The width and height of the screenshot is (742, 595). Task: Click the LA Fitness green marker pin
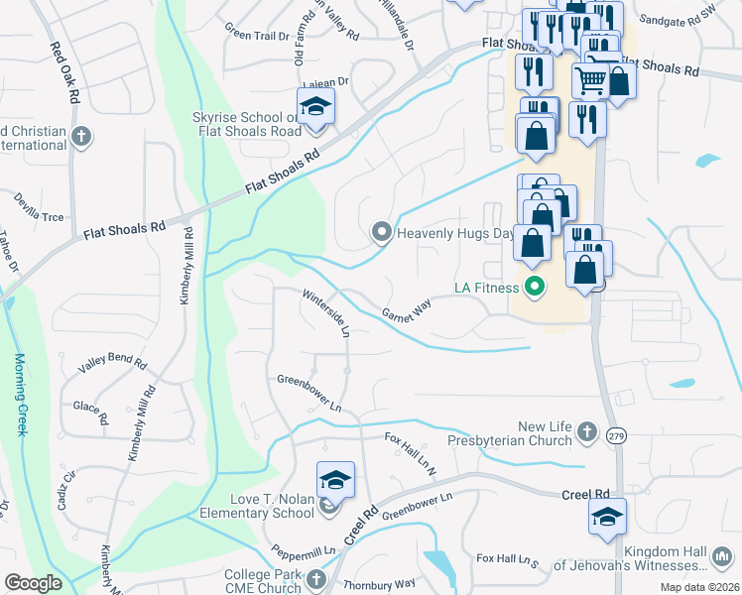pyautogui.click(x=535, y=289)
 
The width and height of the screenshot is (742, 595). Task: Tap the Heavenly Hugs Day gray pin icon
pyautogui.click(x=381, y=233)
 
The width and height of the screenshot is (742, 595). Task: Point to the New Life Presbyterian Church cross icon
pyautogui.click(x=587, y=431)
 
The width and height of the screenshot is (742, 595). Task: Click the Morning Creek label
pyautogui.click(x=19, y=395)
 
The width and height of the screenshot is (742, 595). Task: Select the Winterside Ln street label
pyautogui.click(x=326, y=312)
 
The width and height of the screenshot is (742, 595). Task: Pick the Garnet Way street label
pyautogui.click(x=407, y=311)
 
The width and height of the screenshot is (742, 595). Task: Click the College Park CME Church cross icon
pyautogui.click(x=315, y=579)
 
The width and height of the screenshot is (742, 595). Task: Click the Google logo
pyautogui.click(x=33, y=583)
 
